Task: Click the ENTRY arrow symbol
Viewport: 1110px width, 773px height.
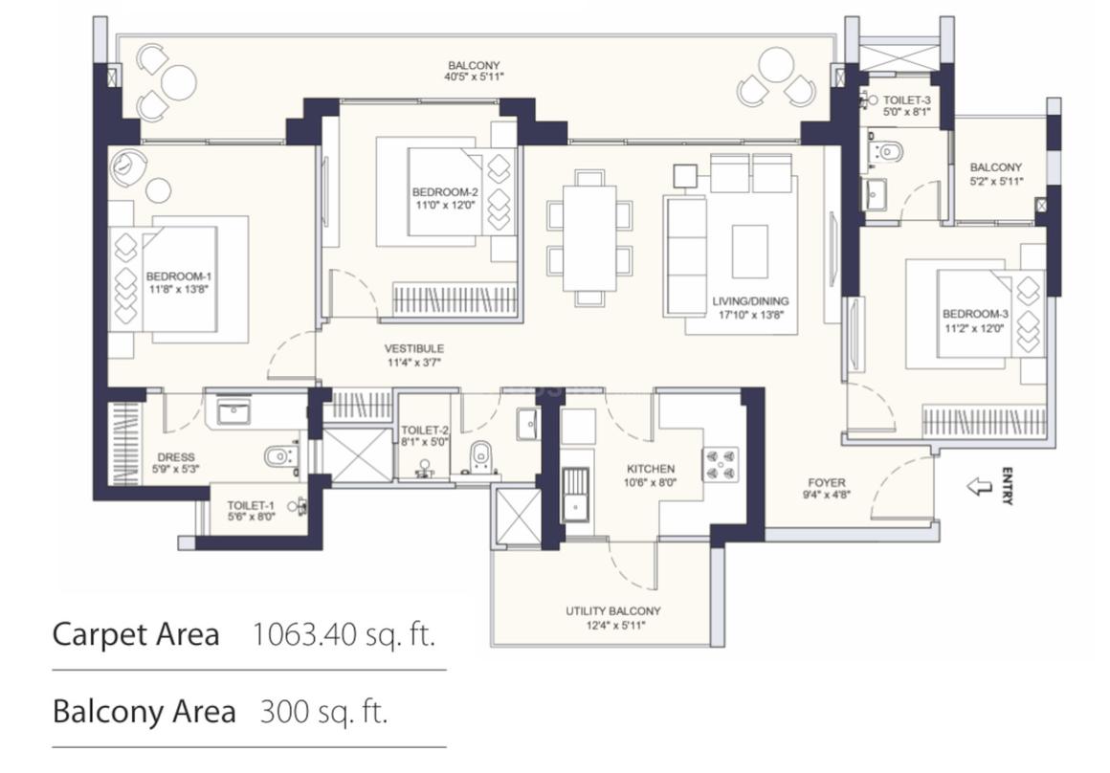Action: click(980, 486)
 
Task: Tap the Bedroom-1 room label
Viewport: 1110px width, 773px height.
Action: click(178, 276)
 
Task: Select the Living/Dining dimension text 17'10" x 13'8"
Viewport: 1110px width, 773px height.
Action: click(751, 315)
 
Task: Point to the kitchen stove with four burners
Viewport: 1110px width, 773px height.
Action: click(721, 464)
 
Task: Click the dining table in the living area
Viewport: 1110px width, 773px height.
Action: click(589, 238)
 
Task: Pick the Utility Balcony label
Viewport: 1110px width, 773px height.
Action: click(613, 611)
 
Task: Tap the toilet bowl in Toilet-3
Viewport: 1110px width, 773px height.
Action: click(888, 151)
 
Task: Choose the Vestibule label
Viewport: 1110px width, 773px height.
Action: click(414, 348)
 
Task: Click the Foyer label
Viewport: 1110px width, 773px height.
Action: click(826, 483)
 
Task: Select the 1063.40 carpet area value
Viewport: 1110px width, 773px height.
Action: click(305, 634)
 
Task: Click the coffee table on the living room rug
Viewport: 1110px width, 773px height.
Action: click(749, 252)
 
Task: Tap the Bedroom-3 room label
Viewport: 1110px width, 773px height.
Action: click(975, 314)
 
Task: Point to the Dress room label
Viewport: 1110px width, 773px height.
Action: click(175, 457)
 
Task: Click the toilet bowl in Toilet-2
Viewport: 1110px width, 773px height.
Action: click(480, 454)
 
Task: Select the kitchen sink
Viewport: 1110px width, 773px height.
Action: click(575, 495)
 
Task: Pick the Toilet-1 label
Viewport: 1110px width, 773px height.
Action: click(251, 505)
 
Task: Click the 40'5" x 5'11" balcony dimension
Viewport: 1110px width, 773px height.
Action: click(474, 77)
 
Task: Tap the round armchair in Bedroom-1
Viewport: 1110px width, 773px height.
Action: click(129, 166)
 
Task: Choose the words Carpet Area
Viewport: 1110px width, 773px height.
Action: click(136, 634)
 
